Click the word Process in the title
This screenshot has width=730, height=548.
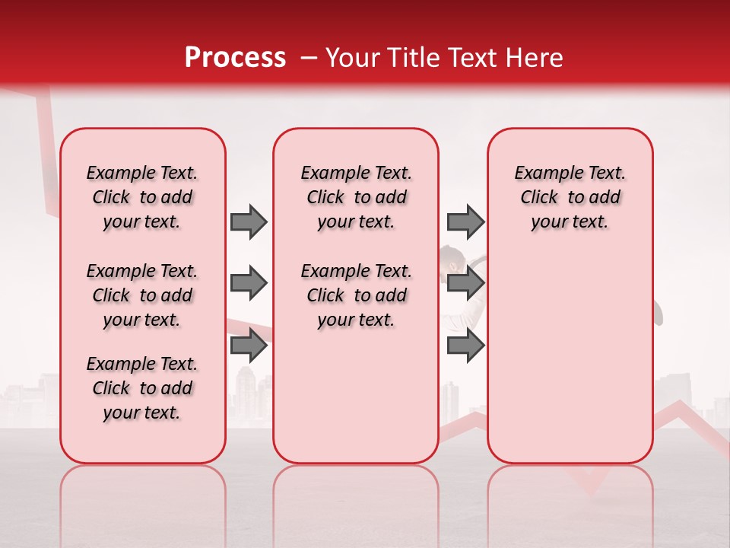pos(235,58)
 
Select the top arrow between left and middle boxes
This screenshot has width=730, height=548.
pos(249,221)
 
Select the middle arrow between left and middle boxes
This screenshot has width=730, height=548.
pos(249,283)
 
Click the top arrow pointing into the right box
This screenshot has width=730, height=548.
pos(465,221)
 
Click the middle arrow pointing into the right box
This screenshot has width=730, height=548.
pos(465,283)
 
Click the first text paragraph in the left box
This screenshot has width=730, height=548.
pos(142,197)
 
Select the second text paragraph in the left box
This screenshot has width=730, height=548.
pos(142,295)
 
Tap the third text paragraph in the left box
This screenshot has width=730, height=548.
pos(142,388)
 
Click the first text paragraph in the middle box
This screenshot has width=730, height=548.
pos(356,197)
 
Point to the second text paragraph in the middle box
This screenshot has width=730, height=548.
pos(356,295)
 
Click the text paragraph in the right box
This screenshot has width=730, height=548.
pos(570,197)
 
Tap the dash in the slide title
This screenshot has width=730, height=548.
pos(308,58)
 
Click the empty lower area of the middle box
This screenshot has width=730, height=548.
pos(356,396)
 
